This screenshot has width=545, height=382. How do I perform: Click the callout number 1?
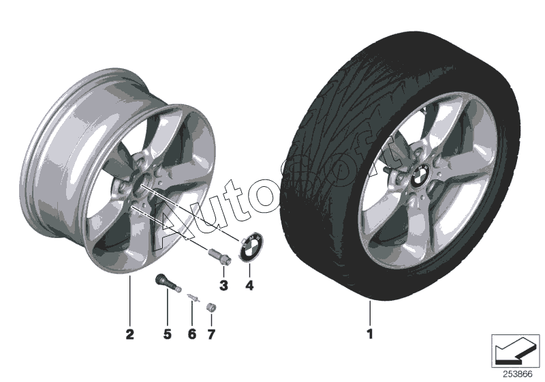click(x=370, y=334)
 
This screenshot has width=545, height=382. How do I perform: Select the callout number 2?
click(x=129, y=334)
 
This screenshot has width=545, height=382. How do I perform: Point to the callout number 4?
click(x=249, y=284)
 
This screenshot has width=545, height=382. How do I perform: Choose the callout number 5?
click(x=167, y=334)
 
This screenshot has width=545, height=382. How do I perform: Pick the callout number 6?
click(x=191, y=334)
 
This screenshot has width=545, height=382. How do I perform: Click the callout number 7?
click(x=211, y=334)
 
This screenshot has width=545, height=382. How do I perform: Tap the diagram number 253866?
click(x=518, y=373)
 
